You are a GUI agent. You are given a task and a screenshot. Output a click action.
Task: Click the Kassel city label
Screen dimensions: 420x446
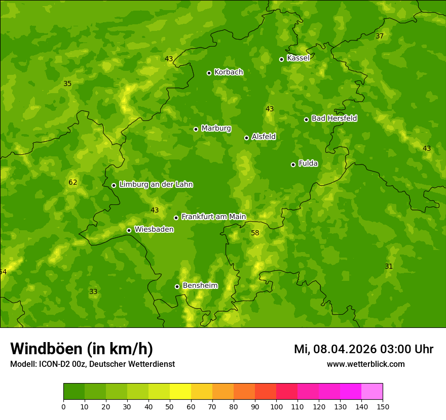[x=298, y=58]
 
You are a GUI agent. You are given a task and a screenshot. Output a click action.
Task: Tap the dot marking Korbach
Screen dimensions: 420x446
[x=209, y=73]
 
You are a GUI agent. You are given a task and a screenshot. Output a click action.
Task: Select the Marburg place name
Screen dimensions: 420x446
[x=216, y=129]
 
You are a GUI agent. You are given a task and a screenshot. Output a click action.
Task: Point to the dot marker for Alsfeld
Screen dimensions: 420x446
[x=246, y=138]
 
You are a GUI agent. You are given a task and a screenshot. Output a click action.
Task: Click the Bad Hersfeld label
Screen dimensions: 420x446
[x=334, y=118]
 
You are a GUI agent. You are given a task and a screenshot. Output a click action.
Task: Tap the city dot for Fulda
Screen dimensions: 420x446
[x=293, y=164]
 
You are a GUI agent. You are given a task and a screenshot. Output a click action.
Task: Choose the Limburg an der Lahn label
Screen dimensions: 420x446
[x=156, y=185]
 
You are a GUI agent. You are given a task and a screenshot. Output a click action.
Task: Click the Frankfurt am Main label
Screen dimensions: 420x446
[x=213, y=217]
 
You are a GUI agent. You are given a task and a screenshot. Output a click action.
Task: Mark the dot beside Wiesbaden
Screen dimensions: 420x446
[x=129, y=230]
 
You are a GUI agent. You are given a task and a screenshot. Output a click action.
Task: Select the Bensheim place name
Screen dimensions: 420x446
[x=200, y=286]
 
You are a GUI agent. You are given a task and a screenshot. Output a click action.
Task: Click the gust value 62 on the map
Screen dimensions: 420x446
[x=73, y=182]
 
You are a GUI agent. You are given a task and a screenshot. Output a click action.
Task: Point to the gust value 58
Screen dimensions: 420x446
[x=255, y=233]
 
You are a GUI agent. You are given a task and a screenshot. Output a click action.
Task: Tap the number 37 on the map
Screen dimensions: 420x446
[x=380, y=36]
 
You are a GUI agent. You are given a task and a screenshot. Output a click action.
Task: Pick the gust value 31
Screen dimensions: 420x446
[x=389, y=266]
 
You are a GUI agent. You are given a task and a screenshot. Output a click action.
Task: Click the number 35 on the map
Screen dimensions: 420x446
[x=67, y=83]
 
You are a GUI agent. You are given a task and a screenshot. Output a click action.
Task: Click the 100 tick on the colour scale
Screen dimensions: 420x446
[x=276, y=406]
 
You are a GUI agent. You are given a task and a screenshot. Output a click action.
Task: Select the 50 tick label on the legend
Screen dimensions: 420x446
[x=170, y=406]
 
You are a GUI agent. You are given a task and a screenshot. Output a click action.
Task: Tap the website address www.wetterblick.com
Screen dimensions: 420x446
[x=365, y=364]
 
